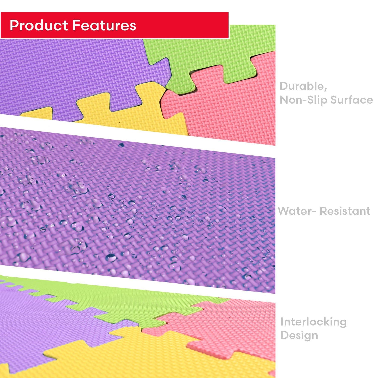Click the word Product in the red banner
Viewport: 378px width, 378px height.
(39, 26)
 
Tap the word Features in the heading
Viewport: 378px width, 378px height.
(104, 26)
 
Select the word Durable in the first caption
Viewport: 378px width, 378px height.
(303, 86)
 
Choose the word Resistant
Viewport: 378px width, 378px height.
(345, 211)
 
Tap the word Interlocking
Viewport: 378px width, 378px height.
(314, 322)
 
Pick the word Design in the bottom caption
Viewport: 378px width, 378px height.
(299, 336)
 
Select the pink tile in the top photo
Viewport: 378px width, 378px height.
(227, 108)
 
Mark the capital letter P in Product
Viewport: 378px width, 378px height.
(14, 26)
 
